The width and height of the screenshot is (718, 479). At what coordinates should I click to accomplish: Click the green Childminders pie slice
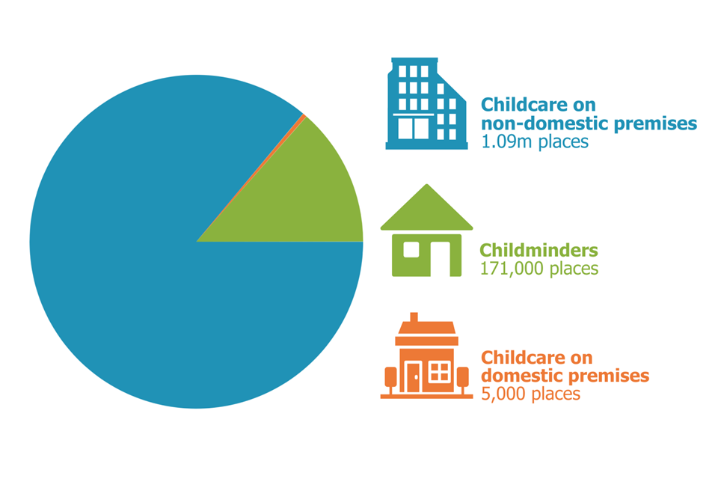click(311, 197)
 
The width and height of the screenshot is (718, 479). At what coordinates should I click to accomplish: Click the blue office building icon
click(426, 103)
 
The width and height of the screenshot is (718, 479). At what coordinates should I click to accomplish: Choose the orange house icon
click(426, 356)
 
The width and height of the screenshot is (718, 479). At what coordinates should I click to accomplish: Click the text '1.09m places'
click(534, 141)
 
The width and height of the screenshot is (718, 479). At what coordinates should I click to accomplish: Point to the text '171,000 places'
click(539, 268)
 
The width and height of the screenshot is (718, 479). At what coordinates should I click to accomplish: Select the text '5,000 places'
click(531, 394)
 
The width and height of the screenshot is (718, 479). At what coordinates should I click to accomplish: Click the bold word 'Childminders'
click(539, 250)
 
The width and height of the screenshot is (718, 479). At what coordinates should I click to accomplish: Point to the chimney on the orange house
click(414, 317)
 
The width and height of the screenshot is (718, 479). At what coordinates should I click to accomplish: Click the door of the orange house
click(414, 376)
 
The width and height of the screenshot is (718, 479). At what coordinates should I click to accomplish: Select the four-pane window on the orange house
click(440, 372)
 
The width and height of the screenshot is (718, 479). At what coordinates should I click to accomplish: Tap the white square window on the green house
click(411, 249)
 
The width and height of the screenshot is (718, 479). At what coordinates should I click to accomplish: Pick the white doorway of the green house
click(440, 259)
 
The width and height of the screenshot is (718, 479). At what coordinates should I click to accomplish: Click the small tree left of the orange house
click(390, 380)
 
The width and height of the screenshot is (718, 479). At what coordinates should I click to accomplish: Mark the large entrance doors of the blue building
click(414, 128)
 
